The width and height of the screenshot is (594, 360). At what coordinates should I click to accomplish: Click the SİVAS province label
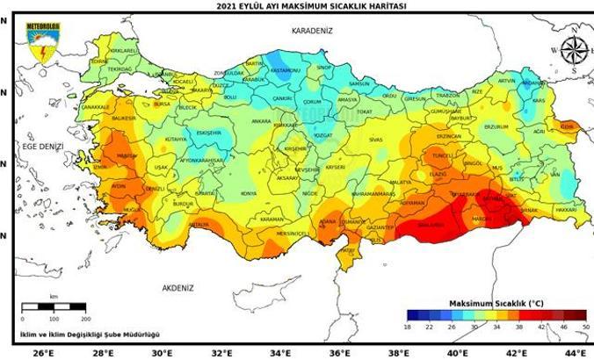tap(375, 140)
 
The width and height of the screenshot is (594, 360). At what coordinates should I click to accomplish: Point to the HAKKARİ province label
tap(566, 211)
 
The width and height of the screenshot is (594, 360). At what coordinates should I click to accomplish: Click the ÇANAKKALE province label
tap(95, 107)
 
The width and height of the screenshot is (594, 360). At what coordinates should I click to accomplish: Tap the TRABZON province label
tap(448, 95)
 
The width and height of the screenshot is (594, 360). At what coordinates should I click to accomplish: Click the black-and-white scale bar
tap(53, 306)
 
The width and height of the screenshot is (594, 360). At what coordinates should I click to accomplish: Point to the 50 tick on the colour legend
tap(585, 327)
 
